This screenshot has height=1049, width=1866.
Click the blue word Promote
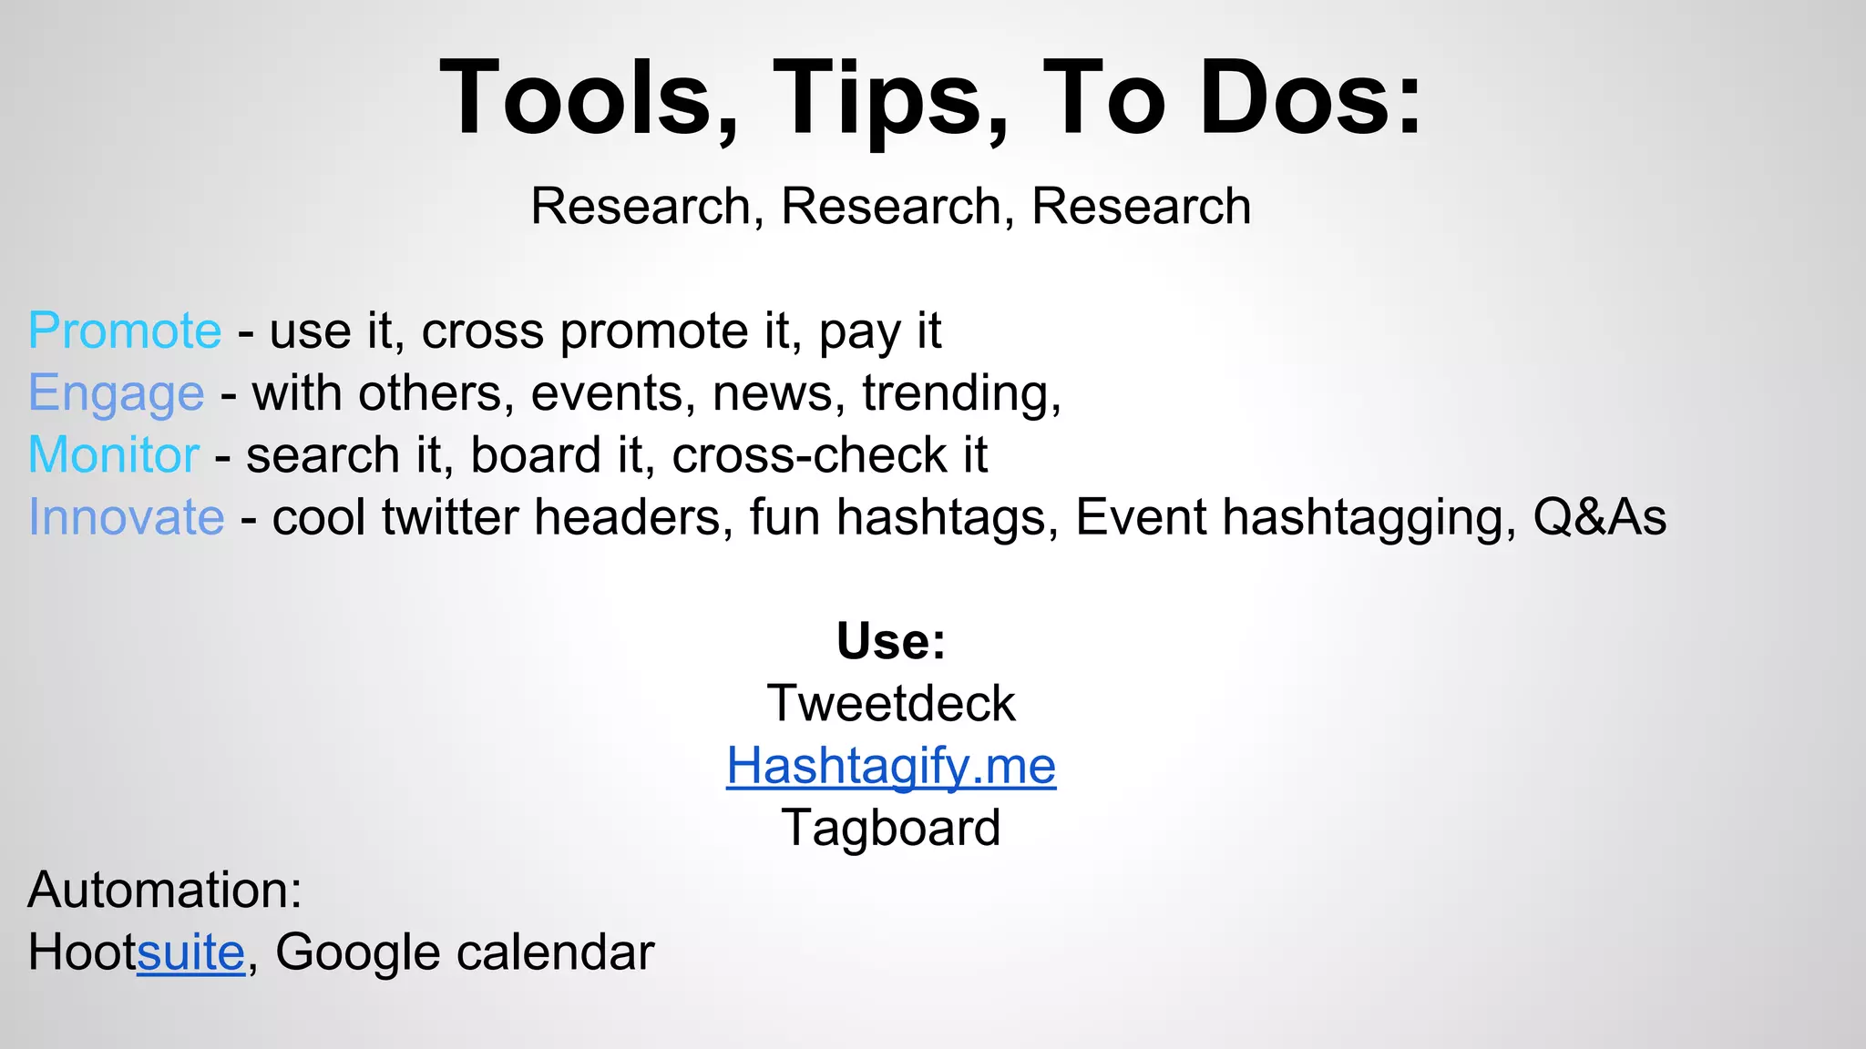pos(125,330)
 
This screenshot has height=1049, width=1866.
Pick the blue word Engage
pos(117,393)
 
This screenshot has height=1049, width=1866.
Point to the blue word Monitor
pos(114,454)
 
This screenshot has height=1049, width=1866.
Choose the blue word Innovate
pos(127,517)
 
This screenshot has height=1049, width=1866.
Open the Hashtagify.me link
pos(891,765)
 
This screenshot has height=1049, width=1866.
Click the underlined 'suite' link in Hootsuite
pos(191,952)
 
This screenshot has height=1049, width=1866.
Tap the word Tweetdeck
pos(891,703)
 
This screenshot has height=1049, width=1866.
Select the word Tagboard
pos(891,828)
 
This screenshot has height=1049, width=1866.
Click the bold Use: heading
pos(891,641)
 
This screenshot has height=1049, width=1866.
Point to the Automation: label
pos(165,890)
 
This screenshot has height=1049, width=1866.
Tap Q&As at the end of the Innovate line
pos(1599,517)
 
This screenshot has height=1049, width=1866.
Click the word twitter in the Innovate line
pos(450,517)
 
